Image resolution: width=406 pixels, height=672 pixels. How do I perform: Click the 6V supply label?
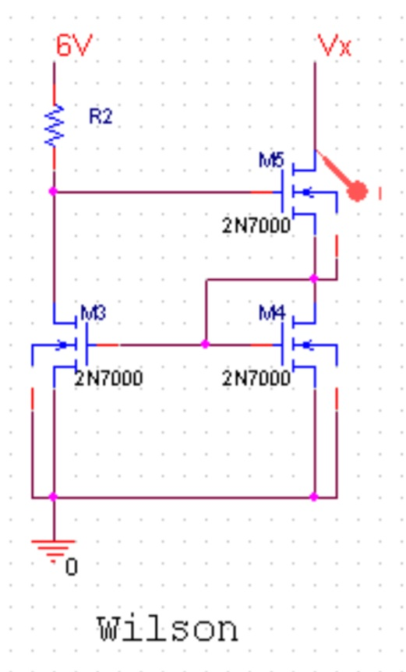(74, 46)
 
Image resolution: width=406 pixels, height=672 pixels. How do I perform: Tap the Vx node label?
(335, 46)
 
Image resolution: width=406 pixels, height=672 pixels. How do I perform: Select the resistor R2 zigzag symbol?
(54, 126)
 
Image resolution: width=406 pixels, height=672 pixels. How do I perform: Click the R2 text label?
(101, 117)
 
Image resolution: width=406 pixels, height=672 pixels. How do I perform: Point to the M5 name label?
(272, 161)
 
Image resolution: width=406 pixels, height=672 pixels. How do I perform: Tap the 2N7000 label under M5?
(256, 226)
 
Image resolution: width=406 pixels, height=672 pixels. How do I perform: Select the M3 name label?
(93, 314)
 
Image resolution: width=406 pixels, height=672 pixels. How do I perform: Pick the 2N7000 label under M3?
(108, 379)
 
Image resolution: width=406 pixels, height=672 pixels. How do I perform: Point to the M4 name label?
(272, 314)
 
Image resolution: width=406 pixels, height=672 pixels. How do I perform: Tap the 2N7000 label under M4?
(256, 379)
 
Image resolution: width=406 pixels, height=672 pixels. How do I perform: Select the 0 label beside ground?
(71, 567)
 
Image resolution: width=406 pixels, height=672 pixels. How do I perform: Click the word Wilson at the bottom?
(168, 628)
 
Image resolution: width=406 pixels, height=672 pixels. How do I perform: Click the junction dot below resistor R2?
(54, 191)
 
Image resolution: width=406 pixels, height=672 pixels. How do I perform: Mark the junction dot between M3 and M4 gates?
(205, 344)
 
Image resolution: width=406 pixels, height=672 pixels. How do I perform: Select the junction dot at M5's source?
(314, 278)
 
